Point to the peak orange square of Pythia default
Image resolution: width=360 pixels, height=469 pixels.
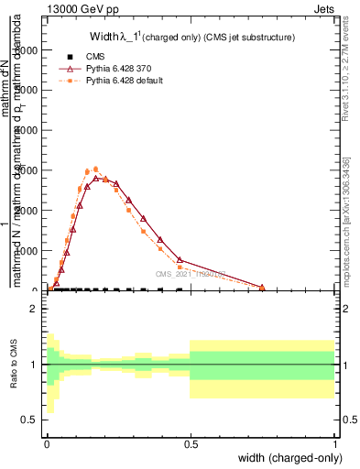[x=96, y=169]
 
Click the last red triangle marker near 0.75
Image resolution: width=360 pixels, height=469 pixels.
[x=263, y=288]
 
